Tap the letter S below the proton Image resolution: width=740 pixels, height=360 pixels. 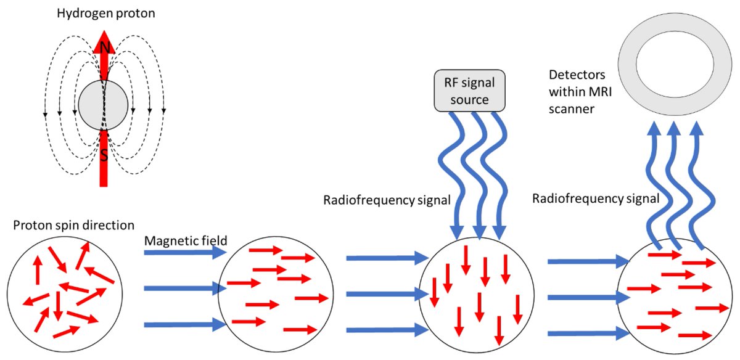(x=104, y=155)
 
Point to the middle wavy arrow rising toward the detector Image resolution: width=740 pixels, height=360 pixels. (x=675, y=185)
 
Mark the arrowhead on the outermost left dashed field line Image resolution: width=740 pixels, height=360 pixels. (x=46, y=115)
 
